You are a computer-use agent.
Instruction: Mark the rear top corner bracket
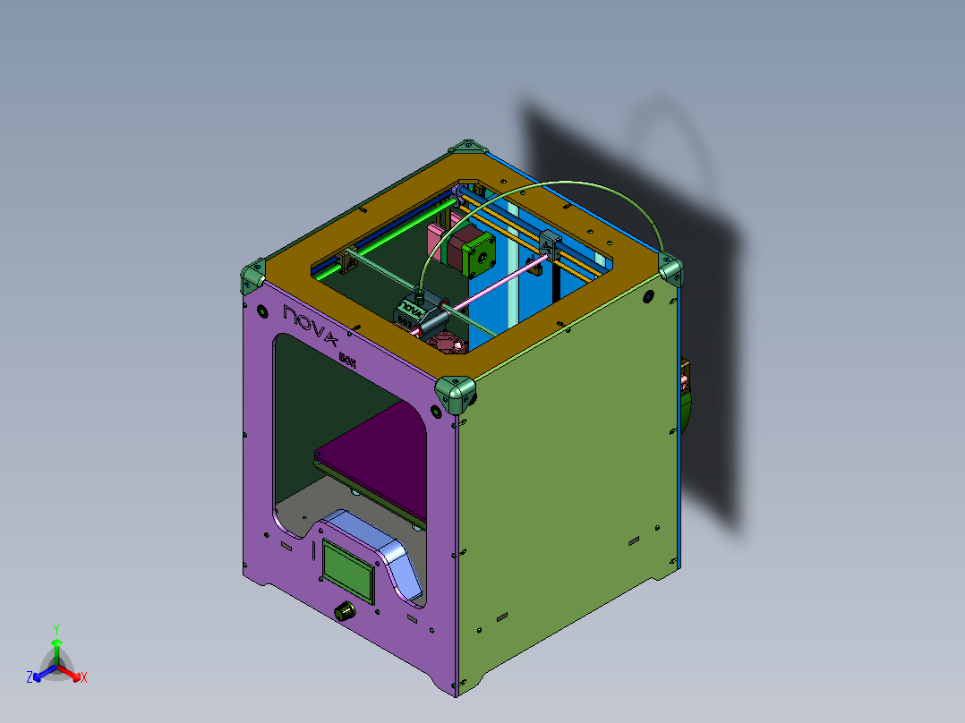pos(464,146)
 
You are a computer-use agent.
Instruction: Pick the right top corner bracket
pos(670,267)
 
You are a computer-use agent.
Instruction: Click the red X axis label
pos(84,678)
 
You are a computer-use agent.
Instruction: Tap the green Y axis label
pos(56,629)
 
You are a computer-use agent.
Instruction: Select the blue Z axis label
pos(30,677)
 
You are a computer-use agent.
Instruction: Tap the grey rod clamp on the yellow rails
pos(548,242)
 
